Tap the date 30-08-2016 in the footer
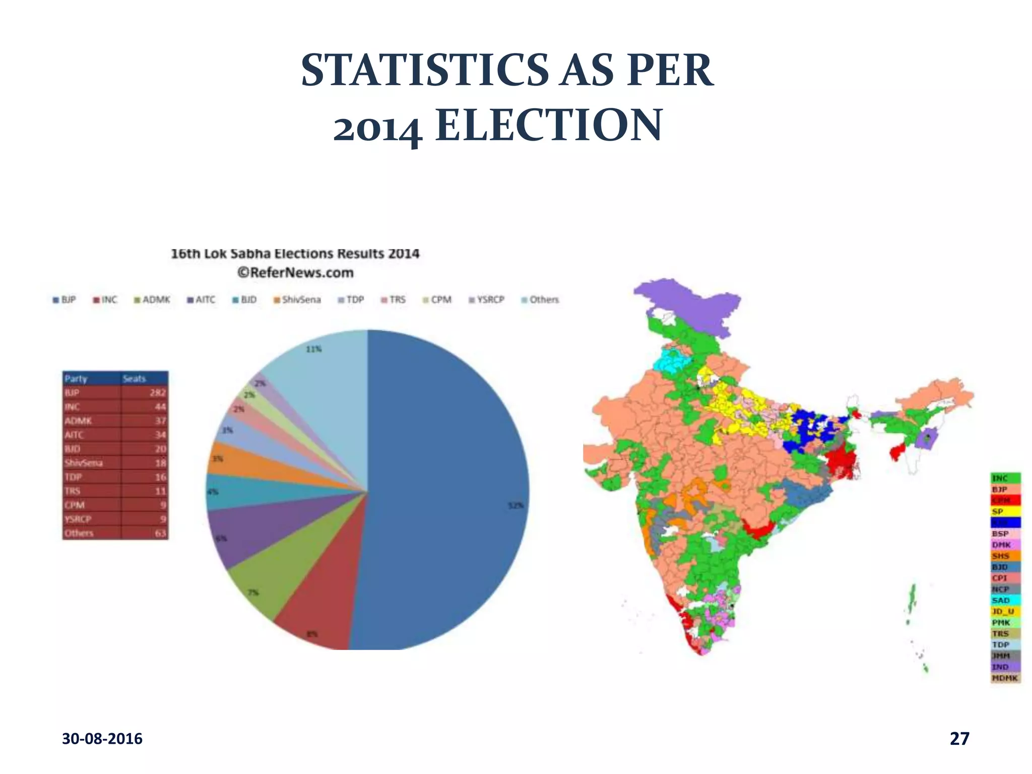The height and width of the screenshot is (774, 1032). pyautogui.click(x=102, y=739)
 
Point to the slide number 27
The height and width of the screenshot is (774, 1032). pyautogui.click(x=959, y=738)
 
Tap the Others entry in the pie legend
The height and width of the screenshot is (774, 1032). pyautogui.click(x=540, y=300)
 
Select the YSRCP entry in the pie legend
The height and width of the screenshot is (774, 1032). pyautogui.click(x=486, y=300)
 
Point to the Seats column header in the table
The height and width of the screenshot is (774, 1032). pyautogui.click(x=134, y=378)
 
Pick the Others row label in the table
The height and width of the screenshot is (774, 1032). pyautogui.click(x=79, y=533)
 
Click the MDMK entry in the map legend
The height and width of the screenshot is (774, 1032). pyautogui.click(x=1005, y=678)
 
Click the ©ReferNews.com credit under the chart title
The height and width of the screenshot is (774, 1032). pyautogui.click(x=295, y=273)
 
